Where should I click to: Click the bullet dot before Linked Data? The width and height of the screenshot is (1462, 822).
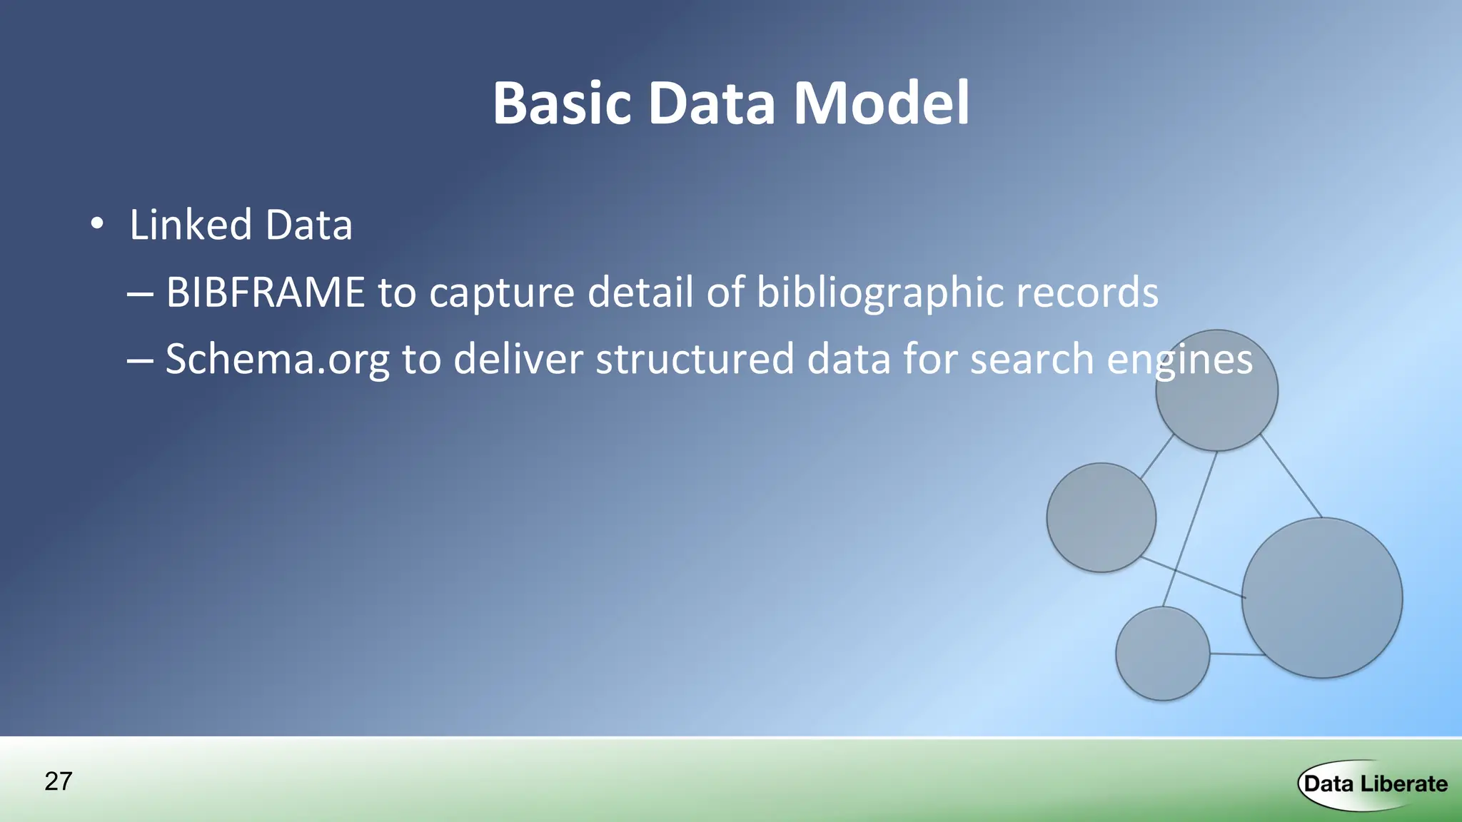pos(97,225)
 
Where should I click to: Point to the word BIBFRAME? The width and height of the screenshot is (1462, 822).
pos(266,292)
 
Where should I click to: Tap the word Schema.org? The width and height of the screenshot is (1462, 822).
pos(278,359)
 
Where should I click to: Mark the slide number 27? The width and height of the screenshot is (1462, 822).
pos(59,781)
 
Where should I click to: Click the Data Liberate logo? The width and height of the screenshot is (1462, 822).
pos(1373,784)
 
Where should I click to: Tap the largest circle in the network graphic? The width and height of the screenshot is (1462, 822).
pos(1322,598)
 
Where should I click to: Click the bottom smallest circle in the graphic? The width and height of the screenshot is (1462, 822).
pos(1163,654)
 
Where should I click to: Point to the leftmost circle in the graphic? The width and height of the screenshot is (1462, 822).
pos(1101,517)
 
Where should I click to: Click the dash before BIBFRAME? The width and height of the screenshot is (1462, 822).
pos(140,293)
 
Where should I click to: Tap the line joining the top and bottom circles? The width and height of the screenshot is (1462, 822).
pos(1190,529)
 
